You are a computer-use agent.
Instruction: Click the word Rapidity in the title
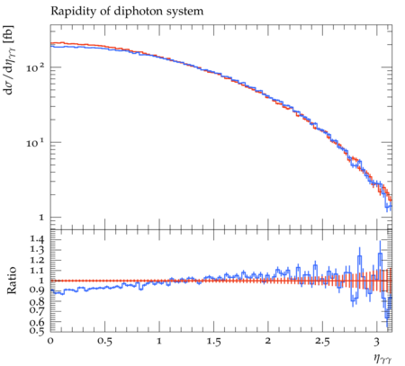pos(68,12)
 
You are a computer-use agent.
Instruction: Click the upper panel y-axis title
pos(10,60)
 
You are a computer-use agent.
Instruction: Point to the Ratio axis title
pos(11,280)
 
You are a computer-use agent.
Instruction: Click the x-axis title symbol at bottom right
pos(382,358)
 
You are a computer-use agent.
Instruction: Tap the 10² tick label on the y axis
pos(35,67)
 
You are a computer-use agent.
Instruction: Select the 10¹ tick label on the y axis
pos(35,142)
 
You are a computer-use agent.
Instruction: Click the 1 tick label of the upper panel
pos(41,218)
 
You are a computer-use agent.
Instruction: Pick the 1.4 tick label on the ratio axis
pos(37,239)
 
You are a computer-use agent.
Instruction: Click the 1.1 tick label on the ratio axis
pos(37,271)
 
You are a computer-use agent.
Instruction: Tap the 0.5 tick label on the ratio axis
pos(37,330)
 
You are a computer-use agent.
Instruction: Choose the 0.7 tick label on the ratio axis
pos(37,310)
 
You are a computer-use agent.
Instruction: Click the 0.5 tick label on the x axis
pos(104,341)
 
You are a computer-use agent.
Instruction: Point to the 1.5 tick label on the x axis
pos(213,341)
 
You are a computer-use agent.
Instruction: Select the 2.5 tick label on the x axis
pos(322,341)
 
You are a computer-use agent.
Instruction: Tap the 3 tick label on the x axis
pos(376,341)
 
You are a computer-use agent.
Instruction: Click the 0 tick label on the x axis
pos(50,341)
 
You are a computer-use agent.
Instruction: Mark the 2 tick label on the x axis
pos(267,341)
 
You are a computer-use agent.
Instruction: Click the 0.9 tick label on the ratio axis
pos(37,290)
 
